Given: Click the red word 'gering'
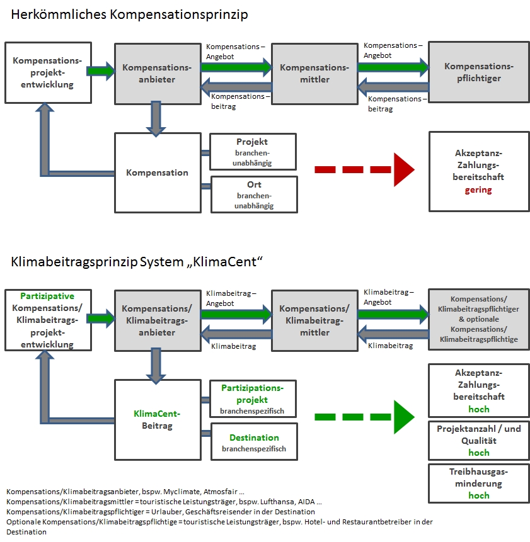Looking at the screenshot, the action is click(478, 189).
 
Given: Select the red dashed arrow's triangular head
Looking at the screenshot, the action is click(404, 170).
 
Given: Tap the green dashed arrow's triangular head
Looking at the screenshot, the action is click(404, 417).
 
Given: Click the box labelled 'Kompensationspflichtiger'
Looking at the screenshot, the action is click(479, 72).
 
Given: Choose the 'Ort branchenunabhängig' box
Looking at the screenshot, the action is click(254, 195).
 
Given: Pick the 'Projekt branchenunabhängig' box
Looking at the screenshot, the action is click(253, 152).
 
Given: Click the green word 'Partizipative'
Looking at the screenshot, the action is click(47, 296).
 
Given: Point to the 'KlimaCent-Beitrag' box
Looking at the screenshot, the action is click(158, 420).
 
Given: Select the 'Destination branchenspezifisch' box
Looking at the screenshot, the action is click(254, 442).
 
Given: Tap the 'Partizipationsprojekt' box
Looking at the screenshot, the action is click(253, 399).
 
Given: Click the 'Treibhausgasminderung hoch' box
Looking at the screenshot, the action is click(479, 483).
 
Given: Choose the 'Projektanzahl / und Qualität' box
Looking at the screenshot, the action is click(479, 441).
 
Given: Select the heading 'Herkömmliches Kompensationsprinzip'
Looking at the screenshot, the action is click(129, 15).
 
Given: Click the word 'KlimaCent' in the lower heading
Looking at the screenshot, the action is click(225, 262).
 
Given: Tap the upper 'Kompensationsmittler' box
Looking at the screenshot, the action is click(315, 74).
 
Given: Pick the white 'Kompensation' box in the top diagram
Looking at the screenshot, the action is click(158, 173).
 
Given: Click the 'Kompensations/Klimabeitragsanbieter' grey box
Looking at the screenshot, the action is click(158, 320).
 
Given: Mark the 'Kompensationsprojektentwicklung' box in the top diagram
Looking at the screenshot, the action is click(48, 72).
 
